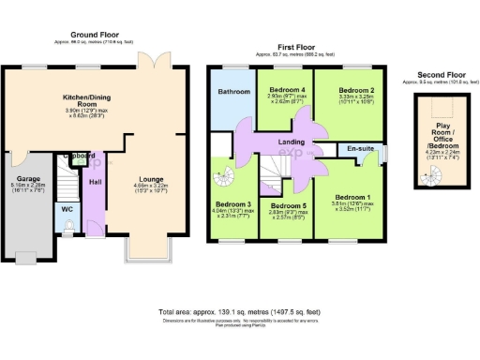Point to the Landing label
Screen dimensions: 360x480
293,142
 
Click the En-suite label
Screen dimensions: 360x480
362,148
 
